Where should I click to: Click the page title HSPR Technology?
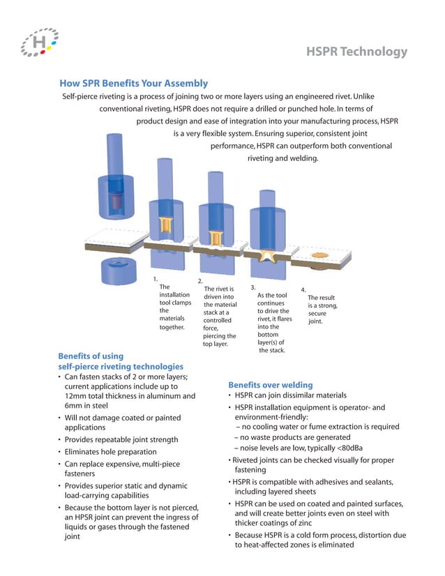(x=356, y=52)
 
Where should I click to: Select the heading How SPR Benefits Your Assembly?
(x=133, y=83)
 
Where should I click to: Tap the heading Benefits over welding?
(x=270, y=384)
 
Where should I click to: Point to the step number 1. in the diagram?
(x=156, y=279)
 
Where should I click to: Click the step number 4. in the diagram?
(x=303, y=289)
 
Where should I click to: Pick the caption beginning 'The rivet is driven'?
(x=220, y=316)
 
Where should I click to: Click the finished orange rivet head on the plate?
(x=319, y=257)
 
